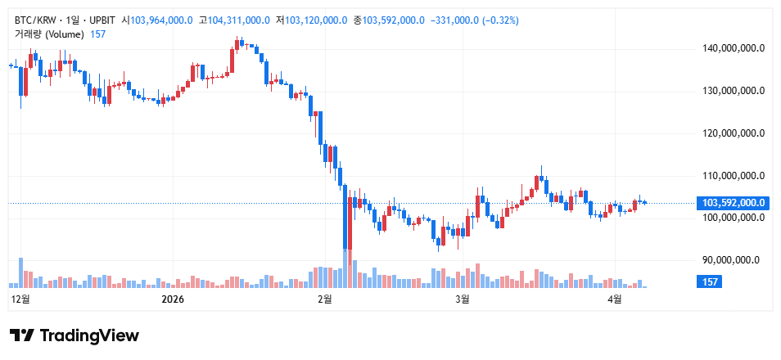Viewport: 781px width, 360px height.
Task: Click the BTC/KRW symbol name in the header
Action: [37, 20]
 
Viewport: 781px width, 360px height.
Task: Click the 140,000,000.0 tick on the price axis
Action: [734, 48]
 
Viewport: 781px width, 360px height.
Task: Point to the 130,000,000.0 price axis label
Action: [734, 91]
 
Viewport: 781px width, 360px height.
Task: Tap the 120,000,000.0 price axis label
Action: [734, 133]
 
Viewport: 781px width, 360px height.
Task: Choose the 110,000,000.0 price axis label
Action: [734, 175]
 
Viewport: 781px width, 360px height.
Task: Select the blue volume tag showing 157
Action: [707, 282]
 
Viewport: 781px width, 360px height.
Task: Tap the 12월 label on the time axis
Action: [20, 299]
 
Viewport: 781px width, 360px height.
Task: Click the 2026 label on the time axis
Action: [173, 299]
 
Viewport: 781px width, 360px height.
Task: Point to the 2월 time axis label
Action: [324, 299]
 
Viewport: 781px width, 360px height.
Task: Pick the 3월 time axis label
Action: [462, 299]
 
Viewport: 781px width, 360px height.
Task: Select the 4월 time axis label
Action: [615, 299]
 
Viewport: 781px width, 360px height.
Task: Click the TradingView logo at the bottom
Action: [74, 335]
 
